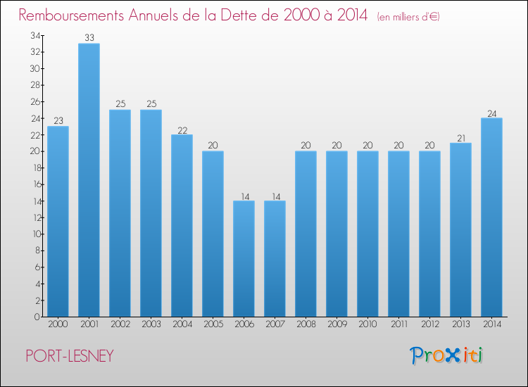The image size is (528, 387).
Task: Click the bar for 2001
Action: click(x=89, y=180)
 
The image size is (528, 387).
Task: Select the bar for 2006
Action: click(x=244, y=259)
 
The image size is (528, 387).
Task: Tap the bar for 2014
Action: click(x=491, y=217)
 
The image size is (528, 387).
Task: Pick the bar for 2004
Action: click(x=182, y=225)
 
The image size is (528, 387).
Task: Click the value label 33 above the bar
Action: click(x=89, y=38)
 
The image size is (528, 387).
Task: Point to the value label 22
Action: click(x=182, y=130)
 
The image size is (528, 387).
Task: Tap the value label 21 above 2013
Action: click(x=461, y=139)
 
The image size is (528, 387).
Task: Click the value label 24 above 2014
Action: click(x=492, y=114)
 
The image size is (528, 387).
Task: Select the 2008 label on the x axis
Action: click(x=306, y=324)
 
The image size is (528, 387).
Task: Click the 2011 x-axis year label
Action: click(x=399, y=324)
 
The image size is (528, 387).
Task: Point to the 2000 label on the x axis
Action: click(x=58, y=324)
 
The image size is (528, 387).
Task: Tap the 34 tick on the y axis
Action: click(x=35, y=35)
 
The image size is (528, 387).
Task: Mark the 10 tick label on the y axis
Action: click(x=37, y=234)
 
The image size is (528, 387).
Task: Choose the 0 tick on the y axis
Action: click(x=37, y=317)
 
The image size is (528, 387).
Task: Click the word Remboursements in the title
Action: click(x=71, y=15)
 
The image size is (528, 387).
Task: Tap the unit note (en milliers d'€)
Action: click(x=408, y=17)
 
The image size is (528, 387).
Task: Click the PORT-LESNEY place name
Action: click(x=70, y=356)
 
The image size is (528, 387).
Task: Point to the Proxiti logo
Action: click(x=446, y=355)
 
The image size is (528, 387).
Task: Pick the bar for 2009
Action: click(x=337, y=234)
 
